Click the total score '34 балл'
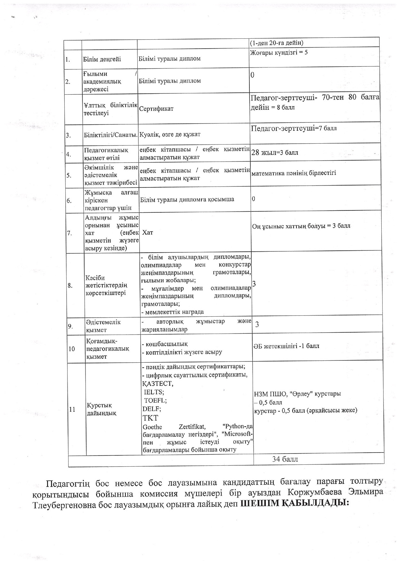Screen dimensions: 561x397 pos(285,459)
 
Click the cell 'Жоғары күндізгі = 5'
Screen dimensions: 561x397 pos(279,52)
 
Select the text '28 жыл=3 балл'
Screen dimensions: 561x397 pos(275,153)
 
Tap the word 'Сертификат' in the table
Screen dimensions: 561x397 pos(156,109)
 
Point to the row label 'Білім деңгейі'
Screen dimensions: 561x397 pos(102,59)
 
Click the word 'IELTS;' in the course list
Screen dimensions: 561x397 pos(154,392)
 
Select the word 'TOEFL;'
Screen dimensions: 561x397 pos(155,400)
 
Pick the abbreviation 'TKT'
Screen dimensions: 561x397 pos(150,418)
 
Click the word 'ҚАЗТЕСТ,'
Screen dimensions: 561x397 pos(158,383)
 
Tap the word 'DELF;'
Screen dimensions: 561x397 pos(152,409)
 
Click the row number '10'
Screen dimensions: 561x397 pos(72,349)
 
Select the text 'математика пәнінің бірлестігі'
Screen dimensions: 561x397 pos(294,173)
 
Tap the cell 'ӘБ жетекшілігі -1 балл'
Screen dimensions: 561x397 pos(286,346)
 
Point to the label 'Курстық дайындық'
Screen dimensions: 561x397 pos(101,409)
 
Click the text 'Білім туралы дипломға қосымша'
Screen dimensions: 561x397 pos(187,200)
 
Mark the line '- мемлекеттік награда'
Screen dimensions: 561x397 pos(173,312)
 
